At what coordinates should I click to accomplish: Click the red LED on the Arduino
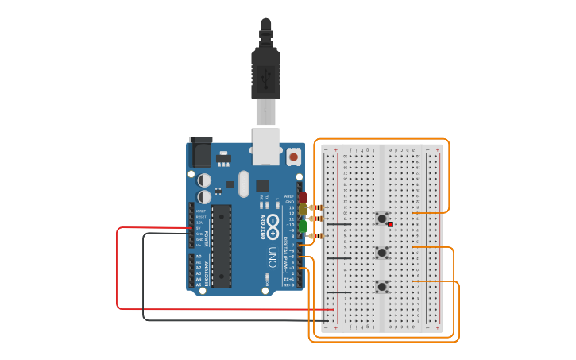coord(303,197)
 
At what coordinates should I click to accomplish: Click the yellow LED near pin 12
coord(303,209)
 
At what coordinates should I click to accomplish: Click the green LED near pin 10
coord(303,226)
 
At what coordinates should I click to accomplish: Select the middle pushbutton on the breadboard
coord(382,253)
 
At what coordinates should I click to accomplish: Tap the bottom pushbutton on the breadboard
coord(382,287)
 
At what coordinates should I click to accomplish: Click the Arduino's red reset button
coord(294,157)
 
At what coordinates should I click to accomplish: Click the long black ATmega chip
coord(221,246)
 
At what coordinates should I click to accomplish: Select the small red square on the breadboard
coord(390,225)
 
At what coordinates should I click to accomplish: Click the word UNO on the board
coord(272,258)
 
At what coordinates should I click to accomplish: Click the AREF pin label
coord(290,196)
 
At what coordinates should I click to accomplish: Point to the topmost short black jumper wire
coord(338,224)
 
